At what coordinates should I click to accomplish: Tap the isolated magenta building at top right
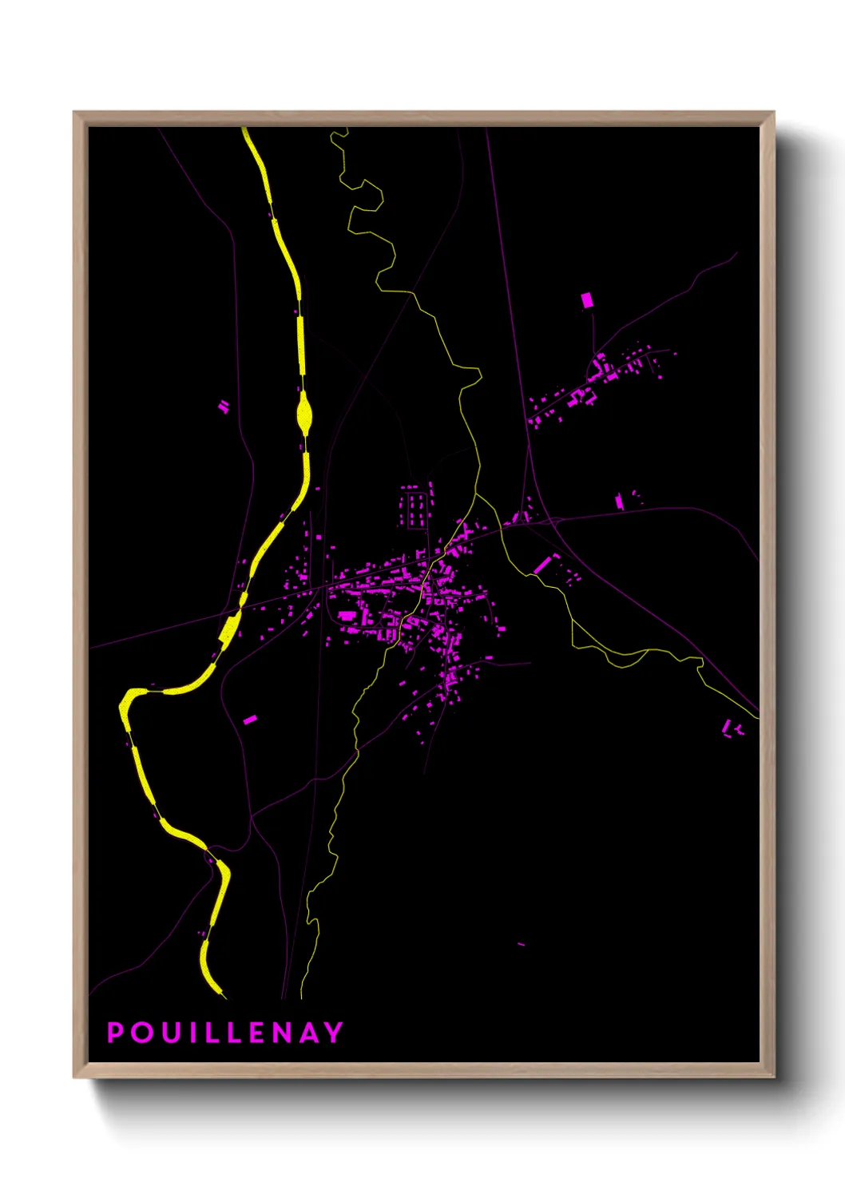point(587,300)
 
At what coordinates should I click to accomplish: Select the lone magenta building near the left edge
point(224,407)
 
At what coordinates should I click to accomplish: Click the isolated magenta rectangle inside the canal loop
point(250,720)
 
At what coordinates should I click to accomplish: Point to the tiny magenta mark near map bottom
point(522,944)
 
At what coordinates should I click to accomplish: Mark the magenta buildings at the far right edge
point(732,728)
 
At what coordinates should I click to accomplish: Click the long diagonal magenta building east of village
point(542,564)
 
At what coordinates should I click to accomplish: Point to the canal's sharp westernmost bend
point(123,707)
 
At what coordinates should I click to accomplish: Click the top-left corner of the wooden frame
point(74,113)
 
